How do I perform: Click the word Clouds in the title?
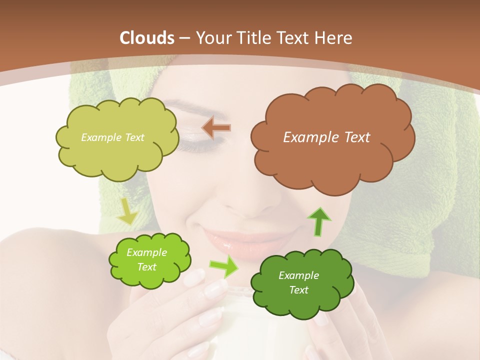147,38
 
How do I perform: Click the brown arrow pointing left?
216,128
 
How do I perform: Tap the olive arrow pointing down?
127,212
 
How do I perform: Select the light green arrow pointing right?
223,266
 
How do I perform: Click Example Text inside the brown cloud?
326,137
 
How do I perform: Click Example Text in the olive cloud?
112,137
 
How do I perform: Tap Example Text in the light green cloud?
146,260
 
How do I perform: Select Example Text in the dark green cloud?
298,282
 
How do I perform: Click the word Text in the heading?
290,38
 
